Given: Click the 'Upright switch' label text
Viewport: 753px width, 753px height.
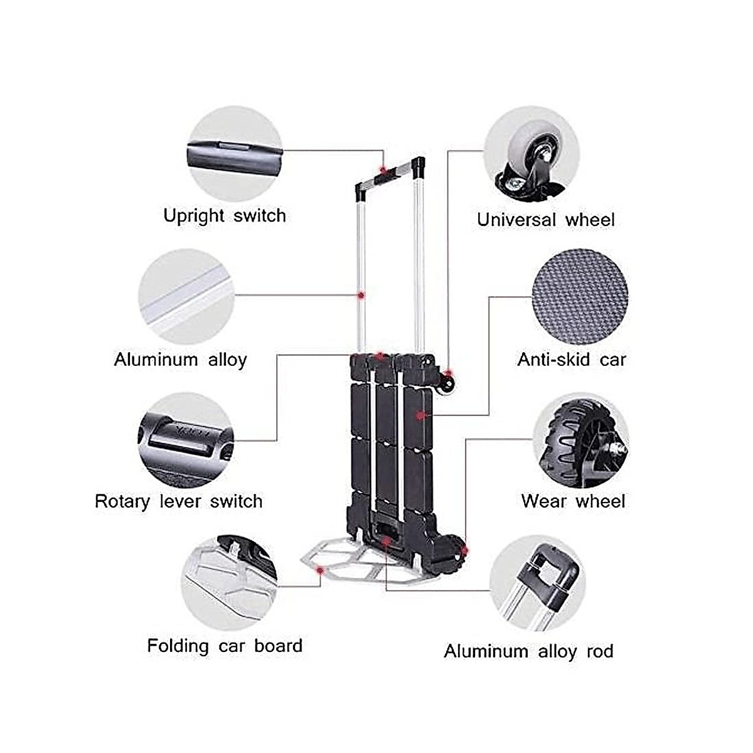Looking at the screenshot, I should click(x=225, y=216).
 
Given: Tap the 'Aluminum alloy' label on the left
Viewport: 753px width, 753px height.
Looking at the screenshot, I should click(x=181, y=360).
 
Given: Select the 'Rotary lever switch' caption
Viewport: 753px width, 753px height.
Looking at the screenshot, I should click(x=179, y=501).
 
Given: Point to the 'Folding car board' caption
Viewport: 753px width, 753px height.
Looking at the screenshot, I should click(x=225, y=646).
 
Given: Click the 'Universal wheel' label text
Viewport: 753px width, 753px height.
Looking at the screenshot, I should click(x=546, y=220).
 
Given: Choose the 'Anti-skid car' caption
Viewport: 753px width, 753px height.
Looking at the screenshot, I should click(x=572, y=360).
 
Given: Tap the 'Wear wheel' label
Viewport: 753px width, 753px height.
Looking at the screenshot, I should click(x=573, y=501).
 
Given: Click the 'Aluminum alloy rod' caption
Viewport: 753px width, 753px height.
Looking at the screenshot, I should click(x=528, y=651).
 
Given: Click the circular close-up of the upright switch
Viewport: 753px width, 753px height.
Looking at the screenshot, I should click(x=235, y=153).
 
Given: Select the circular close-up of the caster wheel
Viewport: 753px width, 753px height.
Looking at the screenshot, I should click(x=532, y=154).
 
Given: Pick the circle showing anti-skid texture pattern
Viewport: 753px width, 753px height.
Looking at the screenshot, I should click(x=579, y=296).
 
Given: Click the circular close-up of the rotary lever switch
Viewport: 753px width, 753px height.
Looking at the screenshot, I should click(x=185, y=440).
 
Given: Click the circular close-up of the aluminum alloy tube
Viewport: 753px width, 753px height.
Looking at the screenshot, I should click(x=186, y=296).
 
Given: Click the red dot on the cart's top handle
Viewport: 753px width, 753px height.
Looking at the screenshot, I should click(x=382, y=170).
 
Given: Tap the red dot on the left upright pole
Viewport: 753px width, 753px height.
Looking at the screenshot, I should click(x=361, y=294).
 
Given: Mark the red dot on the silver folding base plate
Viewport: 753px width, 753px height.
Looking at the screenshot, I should click(x=321, y=570).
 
